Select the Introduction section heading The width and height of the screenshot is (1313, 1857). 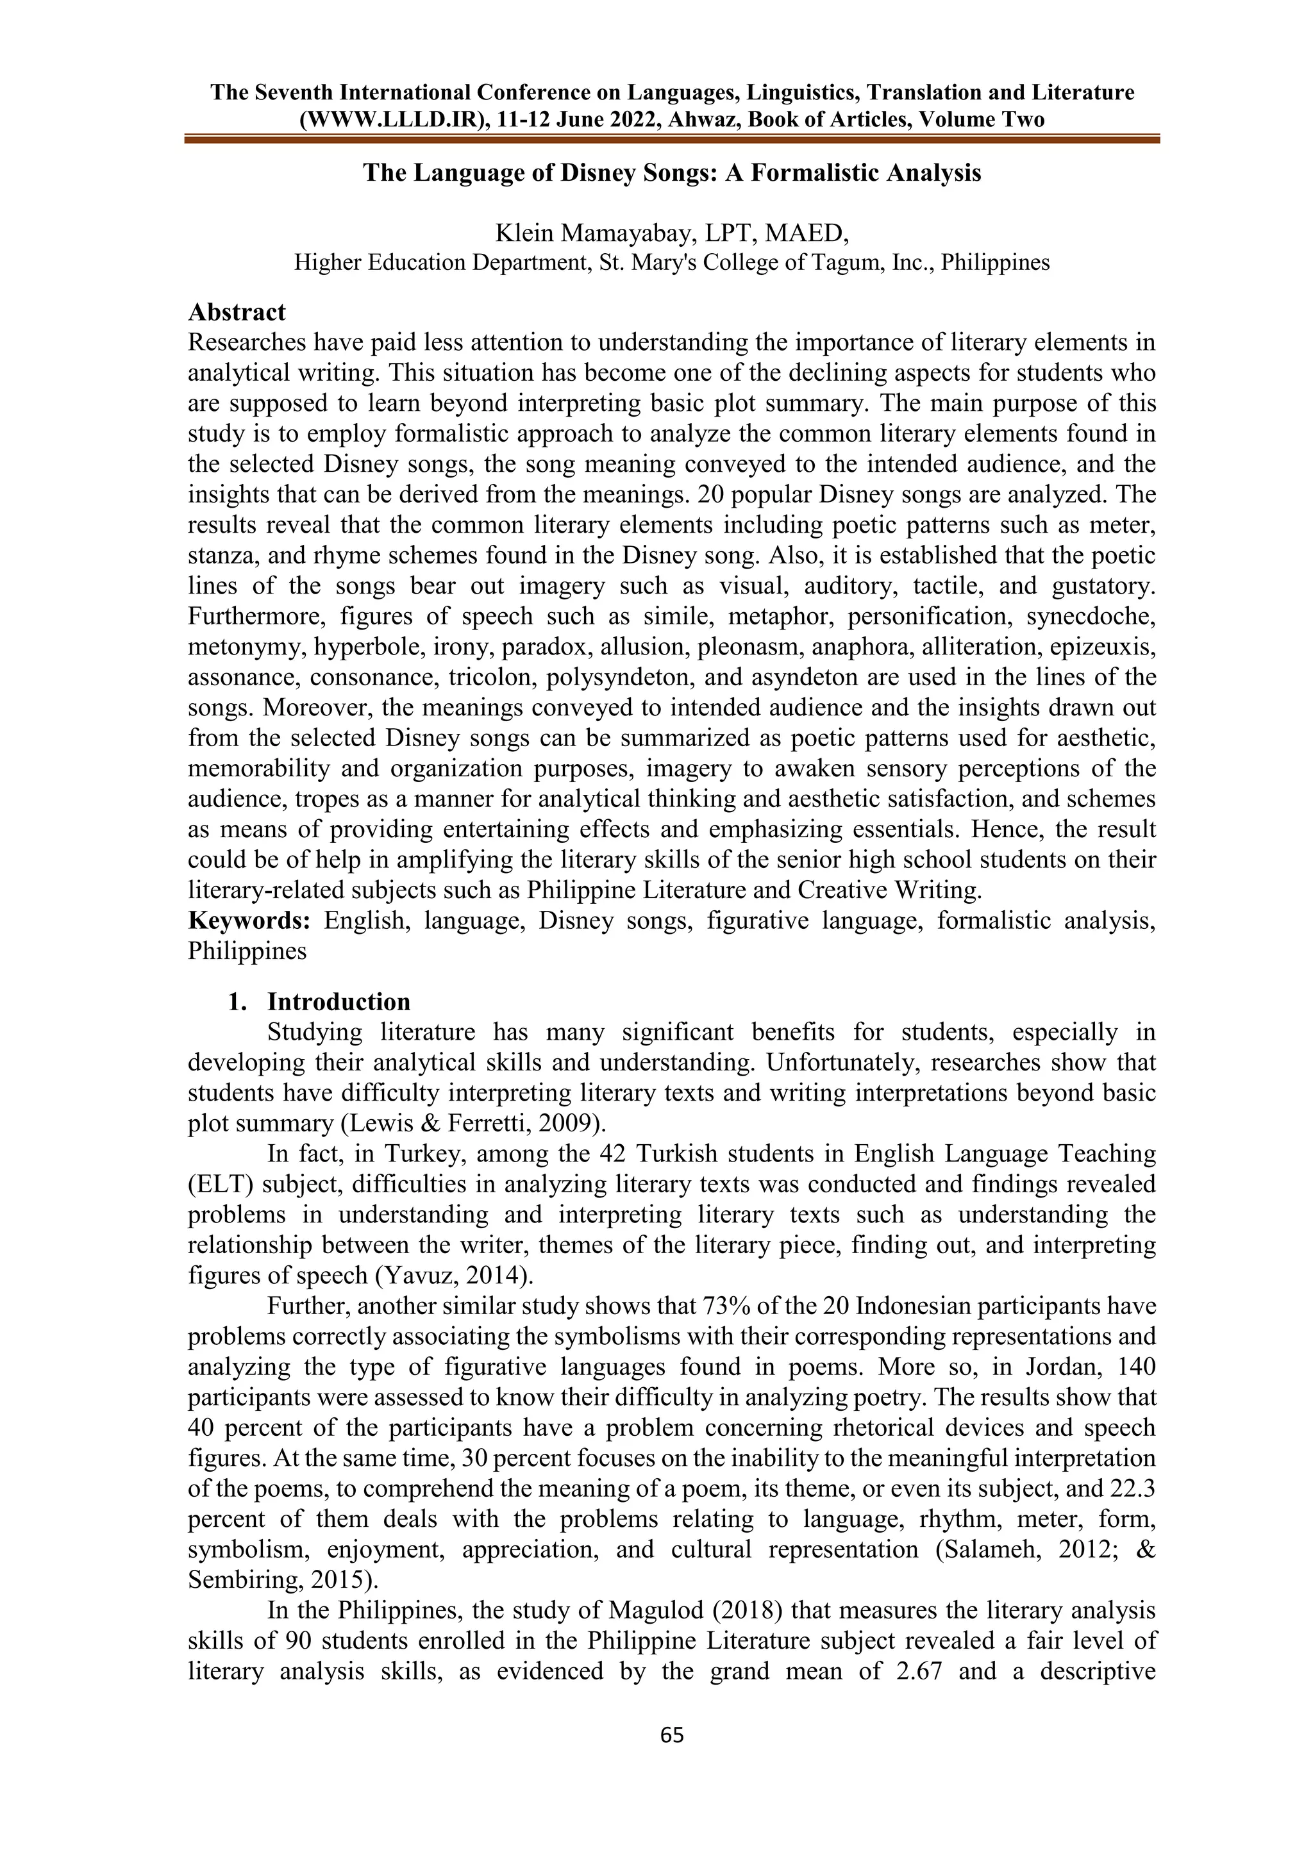coord(338,1001)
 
